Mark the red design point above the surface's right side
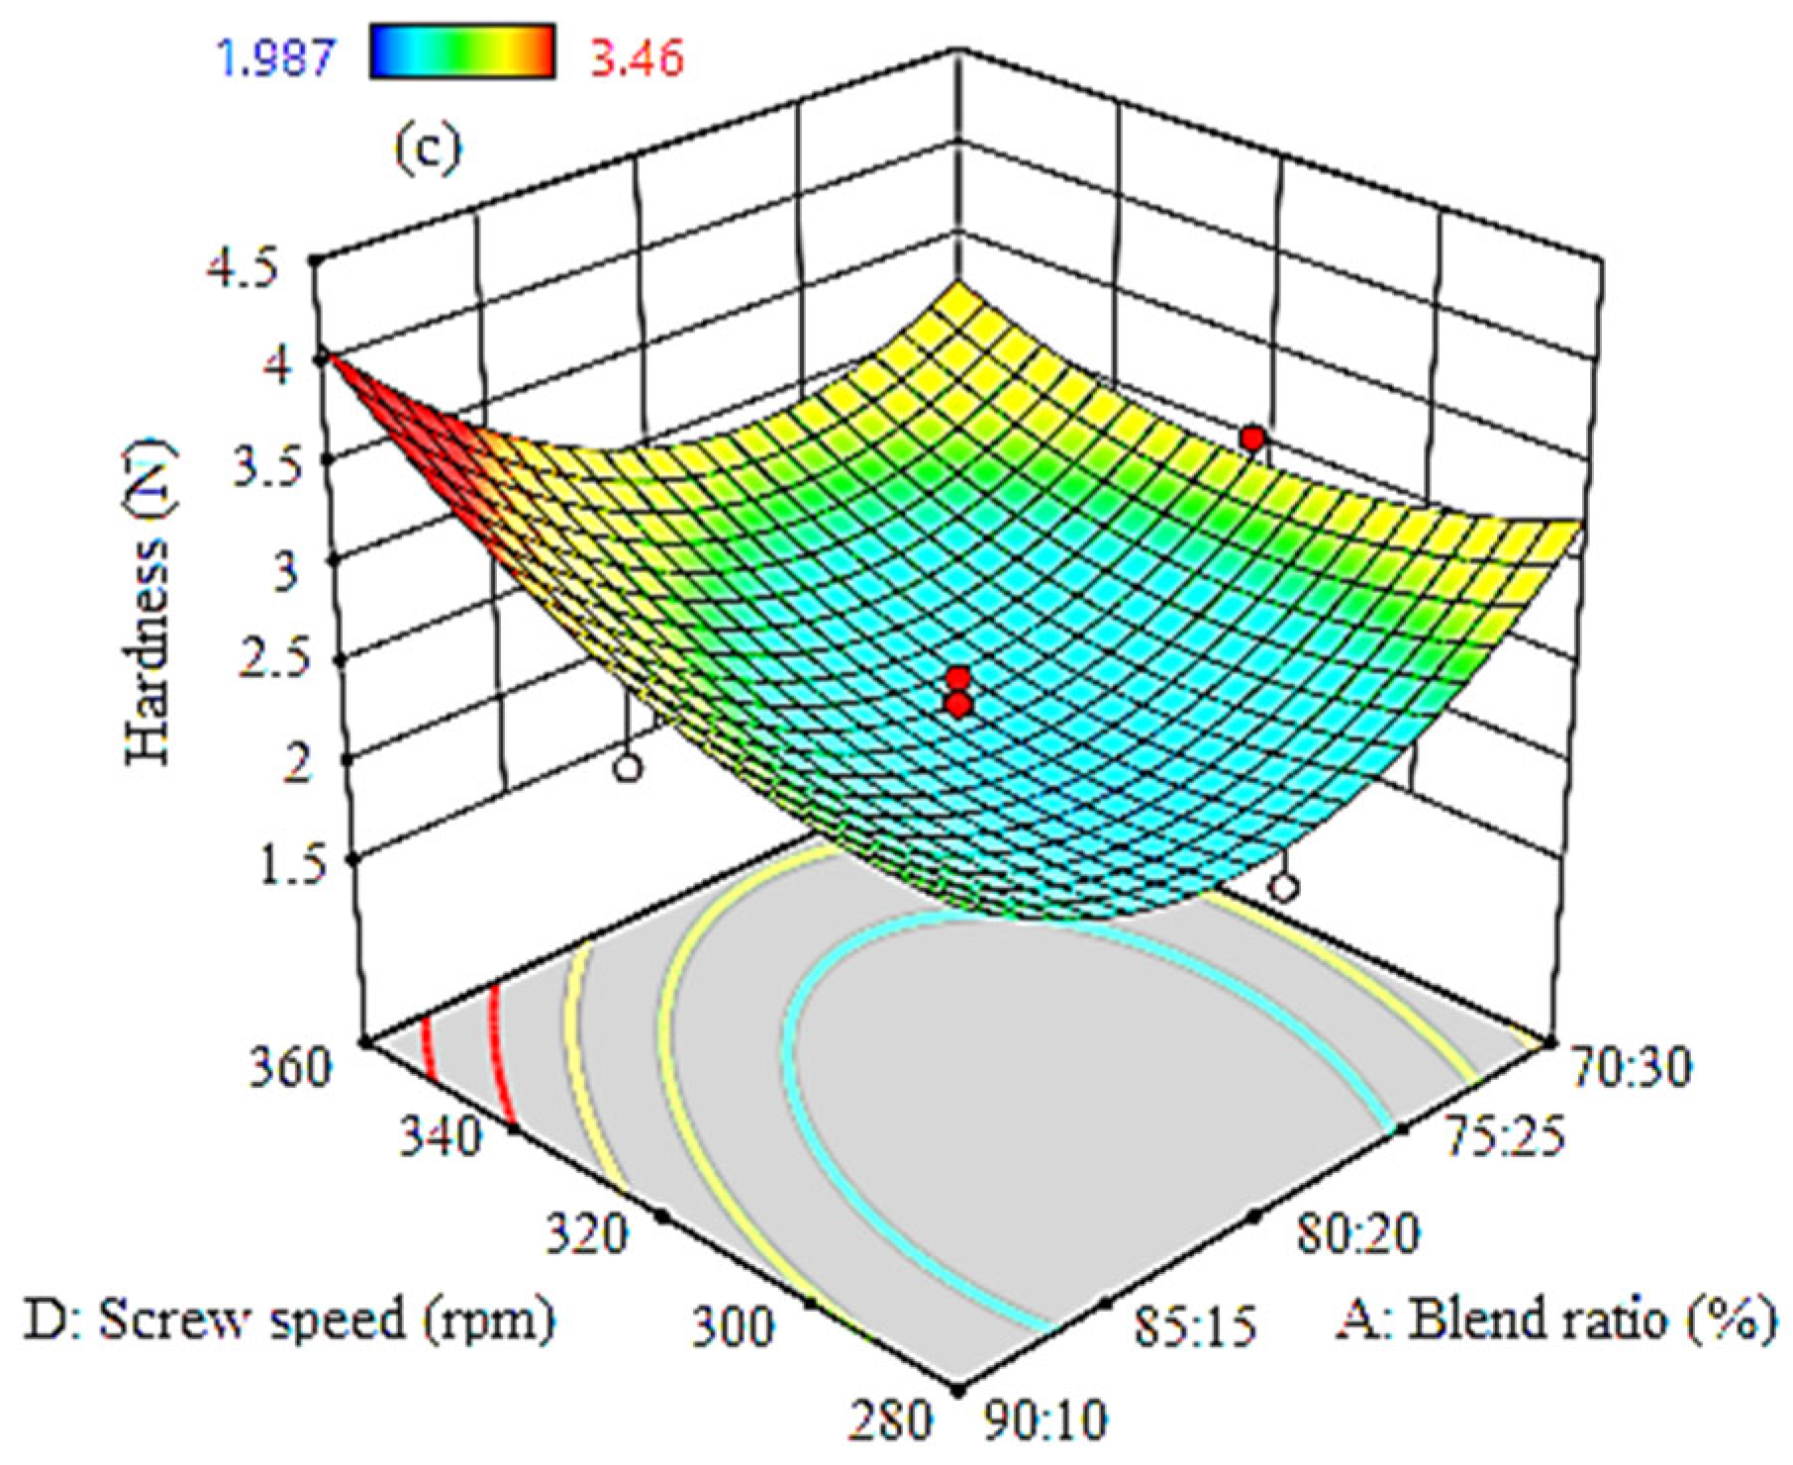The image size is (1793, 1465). pos(1252,438)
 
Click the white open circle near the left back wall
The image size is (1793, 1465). pos(626,769)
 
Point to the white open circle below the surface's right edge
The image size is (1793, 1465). pos(1283,888)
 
